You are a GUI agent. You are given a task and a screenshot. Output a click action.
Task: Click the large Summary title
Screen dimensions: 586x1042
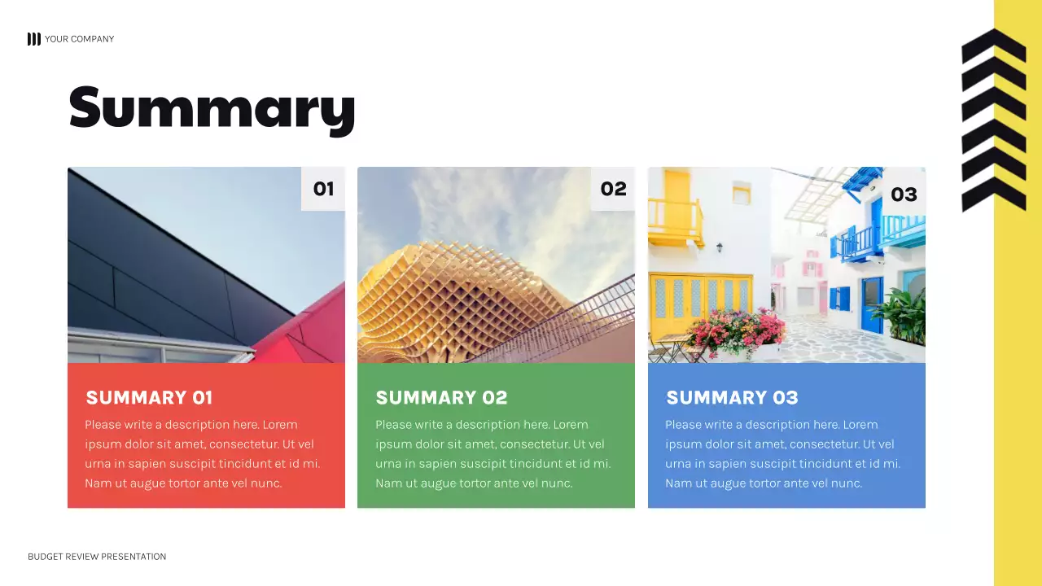click(212, 108)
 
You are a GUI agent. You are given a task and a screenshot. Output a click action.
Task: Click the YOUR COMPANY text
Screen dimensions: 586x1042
click(79, 39)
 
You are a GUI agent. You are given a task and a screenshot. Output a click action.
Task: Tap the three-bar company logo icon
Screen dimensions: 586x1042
click(33, 39)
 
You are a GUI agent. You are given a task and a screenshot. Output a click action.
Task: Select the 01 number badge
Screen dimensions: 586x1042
click(323, 189)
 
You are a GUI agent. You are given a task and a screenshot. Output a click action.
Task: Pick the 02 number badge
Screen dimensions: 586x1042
click(613, 189)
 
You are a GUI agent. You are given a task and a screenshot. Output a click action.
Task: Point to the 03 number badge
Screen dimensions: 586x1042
click(904, 194)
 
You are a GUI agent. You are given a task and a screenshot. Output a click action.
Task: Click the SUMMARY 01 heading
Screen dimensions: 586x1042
click(149, 397)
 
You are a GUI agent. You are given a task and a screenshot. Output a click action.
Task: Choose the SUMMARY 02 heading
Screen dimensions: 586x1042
click(441, 397)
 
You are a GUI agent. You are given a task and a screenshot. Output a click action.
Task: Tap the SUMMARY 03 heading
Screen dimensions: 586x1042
click(732, 397)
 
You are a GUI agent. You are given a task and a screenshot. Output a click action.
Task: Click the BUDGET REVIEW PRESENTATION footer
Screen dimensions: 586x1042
click(97, 557)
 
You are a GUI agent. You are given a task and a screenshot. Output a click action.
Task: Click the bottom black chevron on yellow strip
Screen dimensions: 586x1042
click(993, 193)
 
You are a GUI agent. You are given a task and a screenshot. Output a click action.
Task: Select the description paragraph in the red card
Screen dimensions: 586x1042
click(202, 453)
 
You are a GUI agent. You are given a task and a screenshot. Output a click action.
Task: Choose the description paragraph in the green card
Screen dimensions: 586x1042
click(493, 453)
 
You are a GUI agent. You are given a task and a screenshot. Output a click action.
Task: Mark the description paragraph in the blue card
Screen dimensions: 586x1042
click(782, 453)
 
